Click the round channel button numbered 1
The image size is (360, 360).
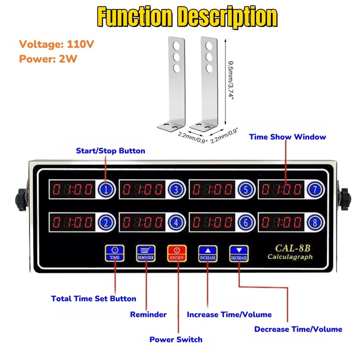coord(105,190)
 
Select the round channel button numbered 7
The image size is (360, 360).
coord(315,190)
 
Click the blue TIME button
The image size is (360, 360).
coord(115,253)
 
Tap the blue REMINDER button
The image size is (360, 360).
coord(146,253)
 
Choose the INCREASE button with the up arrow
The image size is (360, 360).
coord(207,253)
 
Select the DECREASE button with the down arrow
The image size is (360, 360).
coord(238,253)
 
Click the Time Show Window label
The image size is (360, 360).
coord(288,137)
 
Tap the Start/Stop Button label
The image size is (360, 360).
coord(110,151)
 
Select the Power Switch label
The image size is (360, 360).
coord(176,339)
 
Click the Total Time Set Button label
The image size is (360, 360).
coord(94,298)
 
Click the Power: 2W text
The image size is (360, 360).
coord(45,59)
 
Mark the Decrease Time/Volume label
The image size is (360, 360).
coord(298,329)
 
